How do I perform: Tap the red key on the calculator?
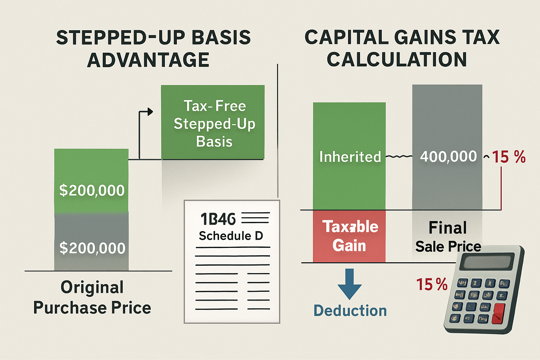tap(498, 314)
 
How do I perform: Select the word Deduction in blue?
tap(350, 311)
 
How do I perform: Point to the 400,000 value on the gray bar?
tap(448, 156)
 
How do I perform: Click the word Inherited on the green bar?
tap(350, 157)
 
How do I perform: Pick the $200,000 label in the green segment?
tap(92, 190)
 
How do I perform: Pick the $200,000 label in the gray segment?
tap(92, 248)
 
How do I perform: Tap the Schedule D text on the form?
tap(231, 236)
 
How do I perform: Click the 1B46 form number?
tap(218, 219)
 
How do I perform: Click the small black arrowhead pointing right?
tap(150, 112)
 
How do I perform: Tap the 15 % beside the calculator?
tap(432, 284)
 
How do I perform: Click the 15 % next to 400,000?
tap(508, 157)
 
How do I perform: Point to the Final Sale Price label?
tap(448, 237)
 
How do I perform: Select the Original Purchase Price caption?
tap(92, 297)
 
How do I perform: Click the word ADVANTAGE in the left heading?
tap(148, 60)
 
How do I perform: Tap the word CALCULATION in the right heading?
tap(397, 60)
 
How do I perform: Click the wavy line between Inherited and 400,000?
tap(399, 156)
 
